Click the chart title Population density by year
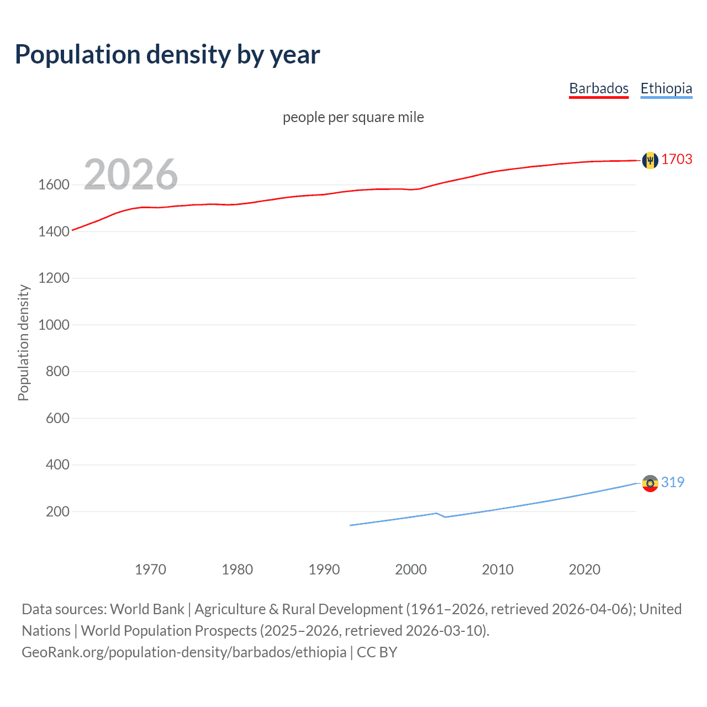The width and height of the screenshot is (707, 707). point(167,55)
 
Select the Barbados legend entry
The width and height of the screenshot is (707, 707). point(599,88)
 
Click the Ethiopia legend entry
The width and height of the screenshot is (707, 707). point(666,88)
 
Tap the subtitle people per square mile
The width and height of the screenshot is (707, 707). point(353,118)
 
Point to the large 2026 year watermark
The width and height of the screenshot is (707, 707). point(131,175)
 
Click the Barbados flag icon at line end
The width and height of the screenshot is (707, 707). point(650,160)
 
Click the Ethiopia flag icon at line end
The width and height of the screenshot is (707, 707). point(650,483)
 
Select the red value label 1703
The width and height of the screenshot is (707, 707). point(677,160)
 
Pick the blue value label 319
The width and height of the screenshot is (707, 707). point(672,483)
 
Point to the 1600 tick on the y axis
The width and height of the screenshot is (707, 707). point(54,185)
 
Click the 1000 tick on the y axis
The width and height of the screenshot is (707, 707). point(54,325)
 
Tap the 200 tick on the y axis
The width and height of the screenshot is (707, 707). point(57,511)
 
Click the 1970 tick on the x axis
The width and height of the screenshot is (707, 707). point(150,569)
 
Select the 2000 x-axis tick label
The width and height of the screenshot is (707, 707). point(411,569)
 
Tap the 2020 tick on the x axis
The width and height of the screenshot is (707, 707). point(584,569)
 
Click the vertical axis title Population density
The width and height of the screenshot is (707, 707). point(23,342)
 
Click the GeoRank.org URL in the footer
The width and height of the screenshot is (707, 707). point(184,652)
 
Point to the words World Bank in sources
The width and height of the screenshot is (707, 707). point(147,609)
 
